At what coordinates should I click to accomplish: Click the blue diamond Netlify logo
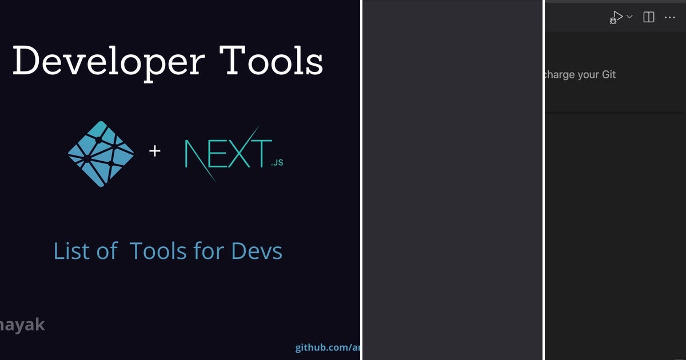point(101,153)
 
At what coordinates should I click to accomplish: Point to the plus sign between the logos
point(155,151)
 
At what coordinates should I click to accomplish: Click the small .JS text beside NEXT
point(277,163)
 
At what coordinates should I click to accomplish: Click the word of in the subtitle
point(107,251)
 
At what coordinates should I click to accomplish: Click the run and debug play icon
point(616,17)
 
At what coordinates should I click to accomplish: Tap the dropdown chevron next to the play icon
point(629,17)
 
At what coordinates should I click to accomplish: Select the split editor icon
point(649,17)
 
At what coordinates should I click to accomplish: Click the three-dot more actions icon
point(670,17)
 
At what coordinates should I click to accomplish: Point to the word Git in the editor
point(608,74)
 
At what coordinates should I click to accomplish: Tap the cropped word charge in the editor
point(559,75)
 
